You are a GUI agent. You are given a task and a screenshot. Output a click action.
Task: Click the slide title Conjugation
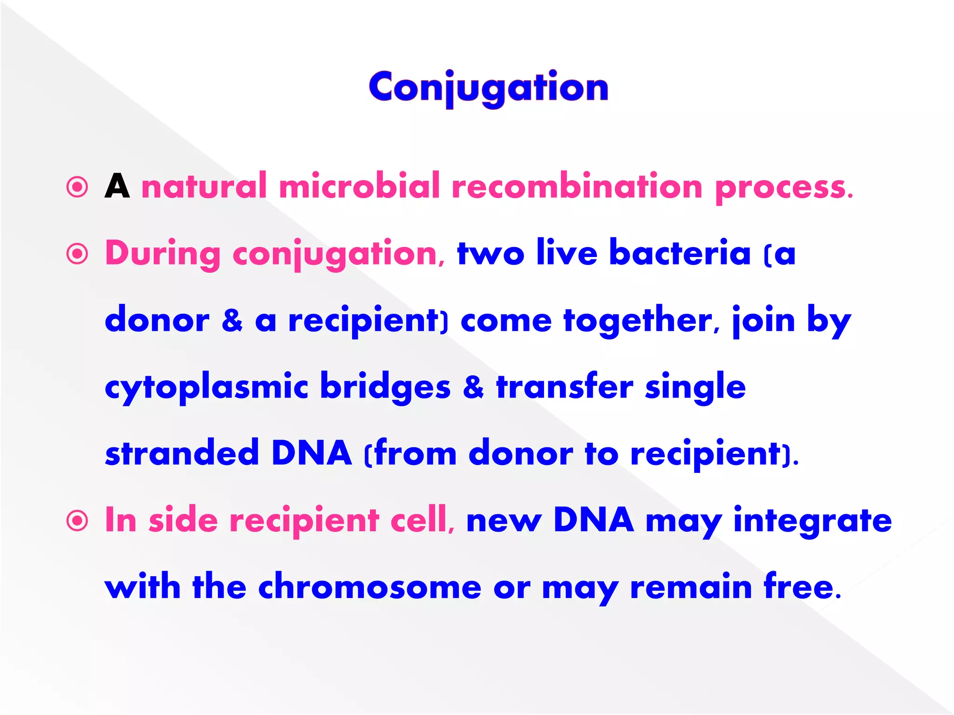489,88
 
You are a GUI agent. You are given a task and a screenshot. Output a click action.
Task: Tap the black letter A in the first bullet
117,187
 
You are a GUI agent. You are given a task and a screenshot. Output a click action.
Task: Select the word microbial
359,186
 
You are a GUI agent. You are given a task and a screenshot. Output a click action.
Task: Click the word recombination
577,186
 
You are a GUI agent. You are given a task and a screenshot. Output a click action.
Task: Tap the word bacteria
680,253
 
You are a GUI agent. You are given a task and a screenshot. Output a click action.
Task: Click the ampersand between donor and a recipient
232,321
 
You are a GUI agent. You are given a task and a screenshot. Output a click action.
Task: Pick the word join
763,321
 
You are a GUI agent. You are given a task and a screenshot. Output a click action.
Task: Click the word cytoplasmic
206,388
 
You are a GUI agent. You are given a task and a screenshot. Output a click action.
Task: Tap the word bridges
385,388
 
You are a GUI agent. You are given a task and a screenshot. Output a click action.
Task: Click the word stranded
182,453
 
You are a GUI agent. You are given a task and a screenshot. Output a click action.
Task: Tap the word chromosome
369,587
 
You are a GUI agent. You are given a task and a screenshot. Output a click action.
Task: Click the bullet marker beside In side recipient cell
77,521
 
